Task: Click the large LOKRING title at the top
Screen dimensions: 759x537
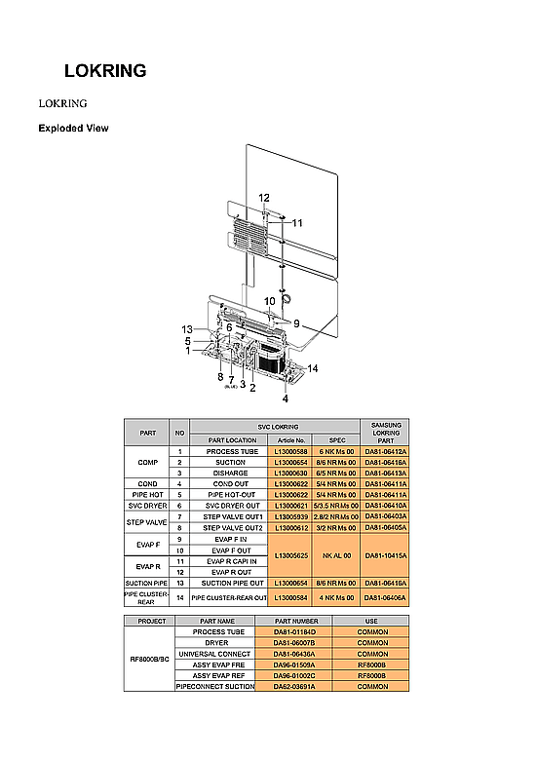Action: [105, 71]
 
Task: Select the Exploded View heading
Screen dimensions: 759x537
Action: [73, 129]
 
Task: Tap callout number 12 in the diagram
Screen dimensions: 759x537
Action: [264, 198]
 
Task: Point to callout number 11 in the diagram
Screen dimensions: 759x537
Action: [297, 223]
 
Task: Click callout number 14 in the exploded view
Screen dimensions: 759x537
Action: [313, 367]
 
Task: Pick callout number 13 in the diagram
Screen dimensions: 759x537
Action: [187, 328]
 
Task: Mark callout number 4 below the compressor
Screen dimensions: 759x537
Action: [286, 398]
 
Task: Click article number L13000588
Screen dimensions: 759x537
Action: [290, 452]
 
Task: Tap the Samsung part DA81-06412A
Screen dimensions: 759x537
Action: [385, 452]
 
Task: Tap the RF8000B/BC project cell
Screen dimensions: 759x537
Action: [148, 660]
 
